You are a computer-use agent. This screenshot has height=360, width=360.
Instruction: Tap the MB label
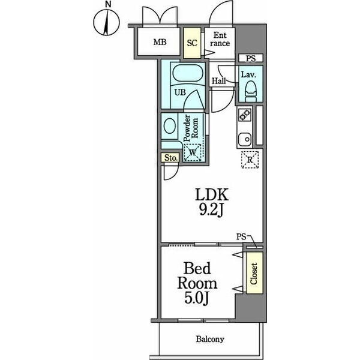point(160,42)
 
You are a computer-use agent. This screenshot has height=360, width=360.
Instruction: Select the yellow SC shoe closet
point(192,43)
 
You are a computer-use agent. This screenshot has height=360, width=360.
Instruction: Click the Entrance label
point(220,39)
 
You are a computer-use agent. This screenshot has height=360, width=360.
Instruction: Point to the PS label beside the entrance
point(251,58)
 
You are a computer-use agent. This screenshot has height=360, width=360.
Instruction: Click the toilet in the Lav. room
point(250,91)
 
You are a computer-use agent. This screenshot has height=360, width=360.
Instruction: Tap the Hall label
point(219,81)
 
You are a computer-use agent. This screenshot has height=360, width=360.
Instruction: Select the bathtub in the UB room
point(188,73)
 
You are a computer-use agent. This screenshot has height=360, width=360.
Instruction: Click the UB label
point(180,92)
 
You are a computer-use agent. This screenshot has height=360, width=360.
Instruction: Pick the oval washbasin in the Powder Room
point(170,126)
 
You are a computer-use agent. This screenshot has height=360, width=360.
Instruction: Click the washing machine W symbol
point(193,152)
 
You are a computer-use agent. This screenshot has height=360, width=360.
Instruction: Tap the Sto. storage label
point(171,158)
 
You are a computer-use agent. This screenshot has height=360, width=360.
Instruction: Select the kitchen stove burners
point(245,115)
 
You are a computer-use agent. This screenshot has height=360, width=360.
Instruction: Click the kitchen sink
point(245,139)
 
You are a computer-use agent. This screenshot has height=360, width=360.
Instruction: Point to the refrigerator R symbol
point(250,160)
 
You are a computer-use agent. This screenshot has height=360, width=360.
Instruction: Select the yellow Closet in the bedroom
point(254,273)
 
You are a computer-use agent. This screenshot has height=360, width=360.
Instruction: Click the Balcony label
point(210,339)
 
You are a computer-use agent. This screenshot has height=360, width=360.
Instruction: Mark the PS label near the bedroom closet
point(241,236)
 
